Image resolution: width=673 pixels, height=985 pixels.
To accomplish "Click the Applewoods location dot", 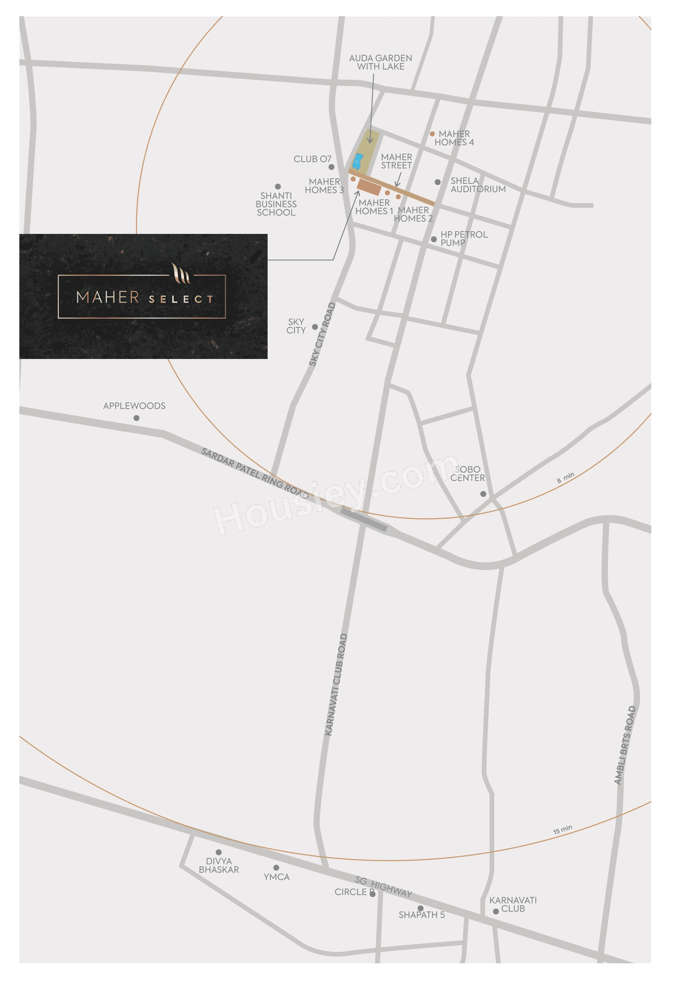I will [137, 418].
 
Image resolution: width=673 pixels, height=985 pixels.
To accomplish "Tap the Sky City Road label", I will [322, 335].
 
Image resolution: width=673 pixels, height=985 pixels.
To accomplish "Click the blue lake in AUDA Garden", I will [357, 161].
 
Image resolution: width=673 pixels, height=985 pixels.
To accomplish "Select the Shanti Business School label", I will [276, 204].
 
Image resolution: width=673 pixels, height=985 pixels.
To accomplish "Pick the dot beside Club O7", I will [331, 167].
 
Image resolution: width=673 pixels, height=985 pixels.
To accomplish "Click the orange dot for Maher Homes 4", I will [432, 134].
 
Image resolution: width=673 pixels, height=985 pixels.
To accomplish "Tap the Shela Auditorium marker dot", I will [438, 182].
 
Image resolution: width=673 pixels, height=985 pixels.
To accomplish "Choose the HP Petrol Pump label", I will [464, 239].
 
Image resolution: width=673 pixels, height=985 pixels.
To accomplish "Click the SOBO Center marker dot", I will [483, 494].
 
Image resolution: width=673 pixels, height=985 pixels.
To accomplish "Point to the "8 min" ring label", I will [566, 478].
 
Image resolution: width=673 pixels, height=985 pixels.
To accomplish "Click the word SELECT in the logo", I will [181, 299].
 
